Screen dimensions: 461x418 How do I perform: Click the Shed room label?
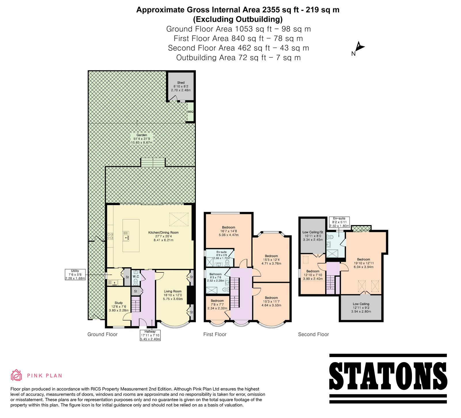(x=181, y=86)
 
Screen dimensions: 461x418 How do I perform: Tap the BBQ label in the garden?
(x=190, y=112)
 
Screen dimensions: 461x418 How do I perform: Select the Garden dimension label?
(x=142, y=139)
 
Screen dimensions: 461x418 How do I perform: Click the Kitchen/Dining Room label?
(x=163, y=236)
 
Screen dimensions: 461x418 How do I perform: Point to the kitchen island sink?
(x=126, y=238)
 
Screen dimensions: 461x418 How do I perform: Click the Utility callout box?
(x=75, y=274)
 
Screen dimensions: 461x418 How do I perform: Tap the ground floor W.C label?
(x=136, y=276)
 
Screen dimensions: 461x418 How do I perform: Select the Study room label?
(x=119, y=306)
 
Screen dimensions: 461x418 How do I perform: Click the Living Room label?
(x=173, y=295)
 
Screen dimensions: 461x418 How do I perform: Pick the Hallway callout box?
(x=150, y=335)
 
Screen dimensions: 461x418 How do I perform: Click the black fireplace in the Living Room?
(x=190, y=295)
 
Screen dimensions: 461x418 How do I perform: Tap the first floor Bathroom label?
(x=216, y=277)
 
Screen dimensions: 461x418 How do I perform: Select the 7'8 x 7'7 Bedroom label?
(x=217, y=304)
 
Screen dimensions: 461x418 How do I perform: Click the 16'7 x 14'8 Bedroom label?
(x=229, y=231)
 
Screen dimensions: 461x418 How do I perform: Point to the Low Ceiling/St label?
(x=313, y=236)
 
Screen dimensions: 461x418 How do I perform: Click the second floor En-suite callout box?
(x=339, y=222)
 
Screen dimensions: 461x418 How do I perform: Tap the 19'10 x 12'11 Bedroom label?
(x=364, y=263)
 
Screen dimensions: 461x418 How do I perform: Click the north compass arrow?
(x=360, y=47)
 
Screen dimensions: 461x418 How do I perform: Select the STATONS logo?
(x=388, y=378)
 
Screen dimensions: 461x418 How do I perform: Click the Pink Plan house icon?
(x=16, y=375)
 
